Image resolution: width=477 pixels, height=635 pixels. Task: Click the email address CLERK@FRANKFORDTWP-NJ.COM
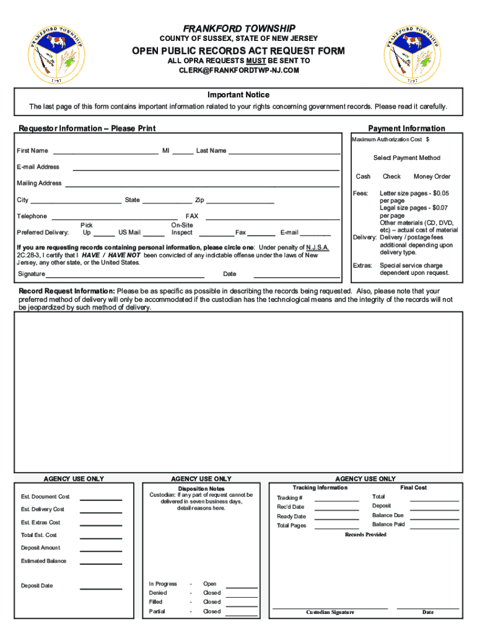[239, 71]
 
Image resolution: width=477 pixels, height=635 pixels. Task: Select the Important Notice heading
[239, 95]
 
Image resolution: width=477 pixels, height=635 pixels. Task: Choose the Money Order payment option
[432, 177]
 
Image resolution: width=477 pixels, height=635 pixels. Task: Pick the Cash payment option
[363, 177]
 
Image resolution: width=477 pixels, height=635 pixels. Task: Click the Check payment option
[392, 177]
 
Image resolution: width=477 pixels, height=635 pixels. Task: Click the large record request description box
[239, 391]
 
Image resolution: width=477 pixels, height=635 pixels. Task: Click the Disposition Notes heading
[201, 489]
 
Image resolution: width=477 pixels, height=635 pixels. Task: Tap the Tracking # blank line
[336, 499]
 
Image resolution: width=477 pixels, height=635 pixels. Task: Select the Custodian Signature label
[330, 613]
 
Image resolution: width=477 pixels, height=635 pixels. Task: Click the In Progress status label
[163, 584]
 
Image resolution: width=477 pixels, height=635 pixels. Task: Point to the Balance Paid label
[388, 525]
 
